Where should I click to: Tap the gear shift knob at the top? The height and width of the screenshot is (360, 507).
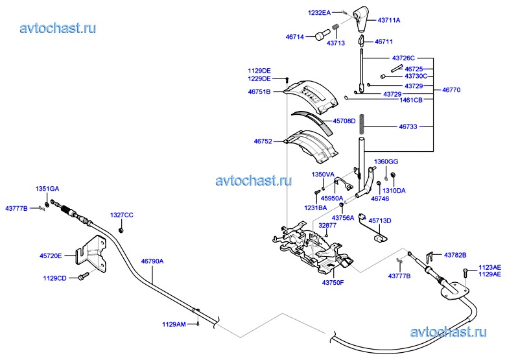(x=362, y=18)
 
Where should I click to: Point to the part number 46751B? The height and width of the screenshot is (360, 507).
(x=259, y=92)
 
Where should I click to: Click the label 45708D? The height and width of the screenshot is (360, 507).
(x=344, y=121)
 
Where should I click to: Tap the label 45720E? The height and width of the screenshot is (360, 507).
(x=51, y=256)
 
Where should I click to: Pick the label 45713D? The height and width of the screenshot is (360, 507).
(x=380, y=221)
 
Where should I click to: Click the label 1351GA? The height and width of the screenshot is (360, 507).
(x=47, y=188)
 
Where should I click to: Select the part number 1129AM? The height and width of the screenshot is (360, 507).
(x=174, y=324)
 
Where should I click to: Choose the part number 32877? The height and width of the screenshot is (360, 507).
(x=327, y=225)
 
